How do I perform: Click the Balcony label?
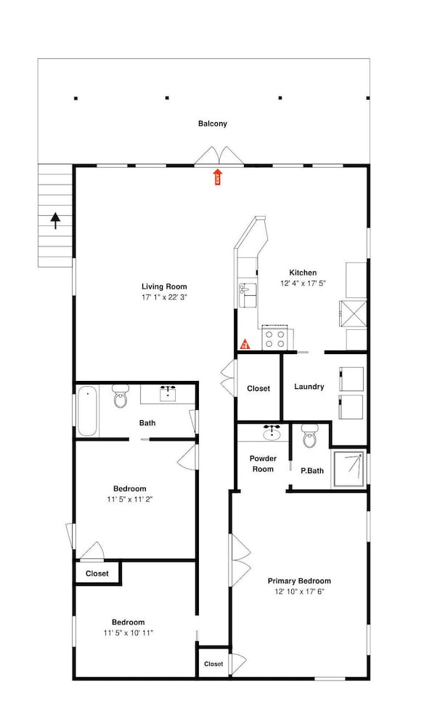point(213,124)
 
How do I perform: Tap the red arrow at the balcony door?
point(216,176)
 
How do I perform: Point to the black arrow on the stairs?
point(55,220)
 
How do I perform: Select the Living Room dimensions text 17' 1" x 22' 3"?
point(165,298)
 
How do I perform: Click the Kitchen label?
point(303,273)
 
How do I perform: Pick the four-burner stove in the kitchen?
point(275,338)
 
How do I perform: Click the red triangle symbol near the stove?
point(245,344)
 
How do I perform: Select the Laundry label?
point(309,387)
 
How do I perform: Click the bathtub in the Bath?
point(88,411)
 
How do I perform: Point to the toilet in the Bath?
point(120,398)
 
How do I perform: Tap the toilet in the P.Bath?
point(310,438)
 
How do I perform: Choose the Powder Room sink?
point(273,433)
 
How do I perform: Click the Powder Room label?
point(263,464)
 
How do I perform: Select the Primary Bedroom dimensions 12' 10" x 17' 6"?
point(299,592)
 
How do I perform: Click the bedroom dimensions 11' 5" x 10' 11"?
point(129,633)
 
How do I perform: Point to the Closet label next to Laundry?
point(258,388)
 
